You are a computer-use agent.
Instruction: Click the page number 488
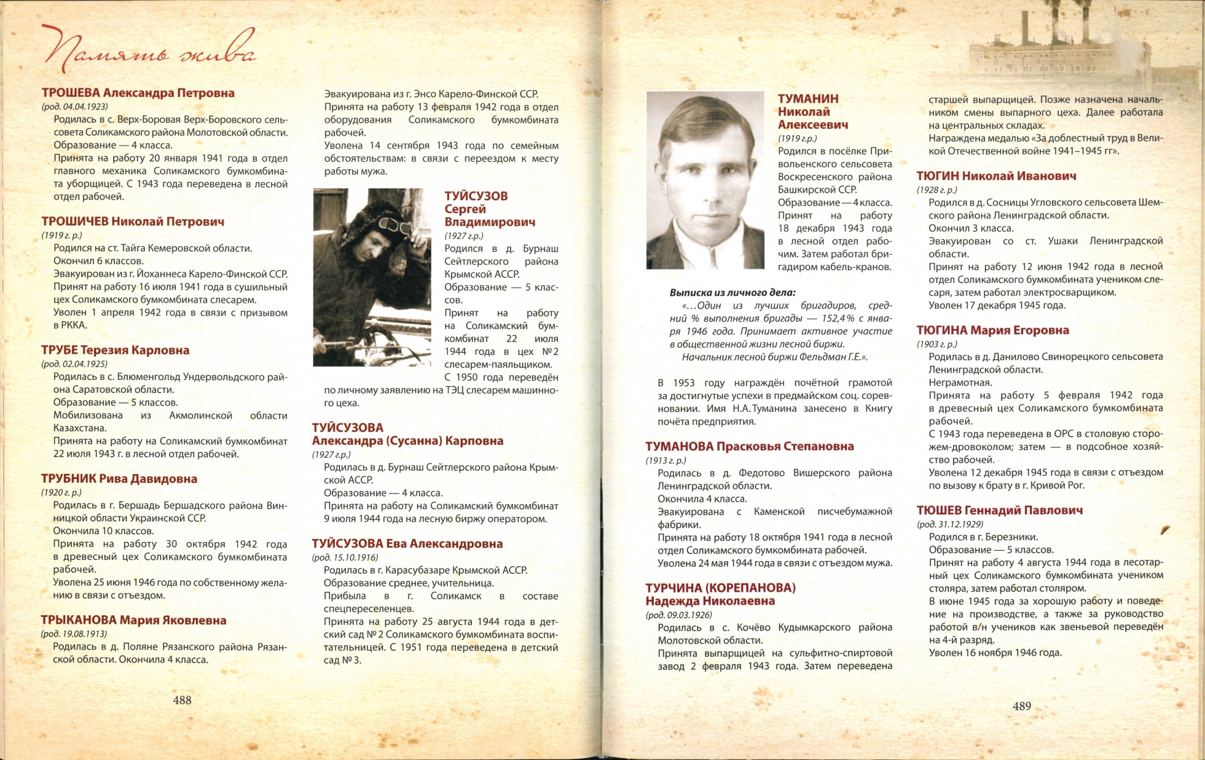click(x=182, y=700)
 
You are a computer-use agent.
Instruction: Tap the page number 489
click(x=1022, y=706)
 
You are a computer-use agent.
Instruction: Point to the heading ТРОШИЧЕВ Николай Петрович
click(x=133, y=222)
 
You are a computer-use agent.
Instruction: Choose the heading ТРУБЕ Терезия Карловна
click(x=115, y=350)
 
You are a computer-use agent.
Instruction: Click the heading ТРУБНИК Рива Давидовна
click(x=119, y=479)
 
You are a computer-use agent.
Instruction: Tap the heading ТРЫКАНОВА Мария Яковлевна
click(x=134, y=620)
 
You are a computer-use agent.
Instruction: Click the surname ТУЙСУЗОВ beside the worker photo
click(x=476, y=196)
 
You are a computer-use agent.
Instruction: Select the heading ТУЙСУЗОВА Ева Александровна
click(x=407, y=544)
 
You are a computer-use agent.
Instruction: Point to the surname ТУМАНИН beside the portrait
click(x=808, y=99)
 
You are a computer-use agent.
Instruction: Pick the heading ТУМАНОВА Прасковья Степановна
click(x=750, y=446)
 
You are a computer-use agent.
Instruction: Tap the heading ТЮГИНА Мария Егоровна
click(x=993, y=330)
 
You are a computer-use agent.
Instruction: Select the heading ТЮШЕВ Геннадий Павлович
click(x=1000, y=510)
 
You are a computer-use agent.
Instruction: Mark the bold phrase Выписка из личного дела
click(x=733, y=292)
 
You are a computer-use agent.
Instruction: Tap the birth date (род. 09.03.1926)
click(x=678, y=615)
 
